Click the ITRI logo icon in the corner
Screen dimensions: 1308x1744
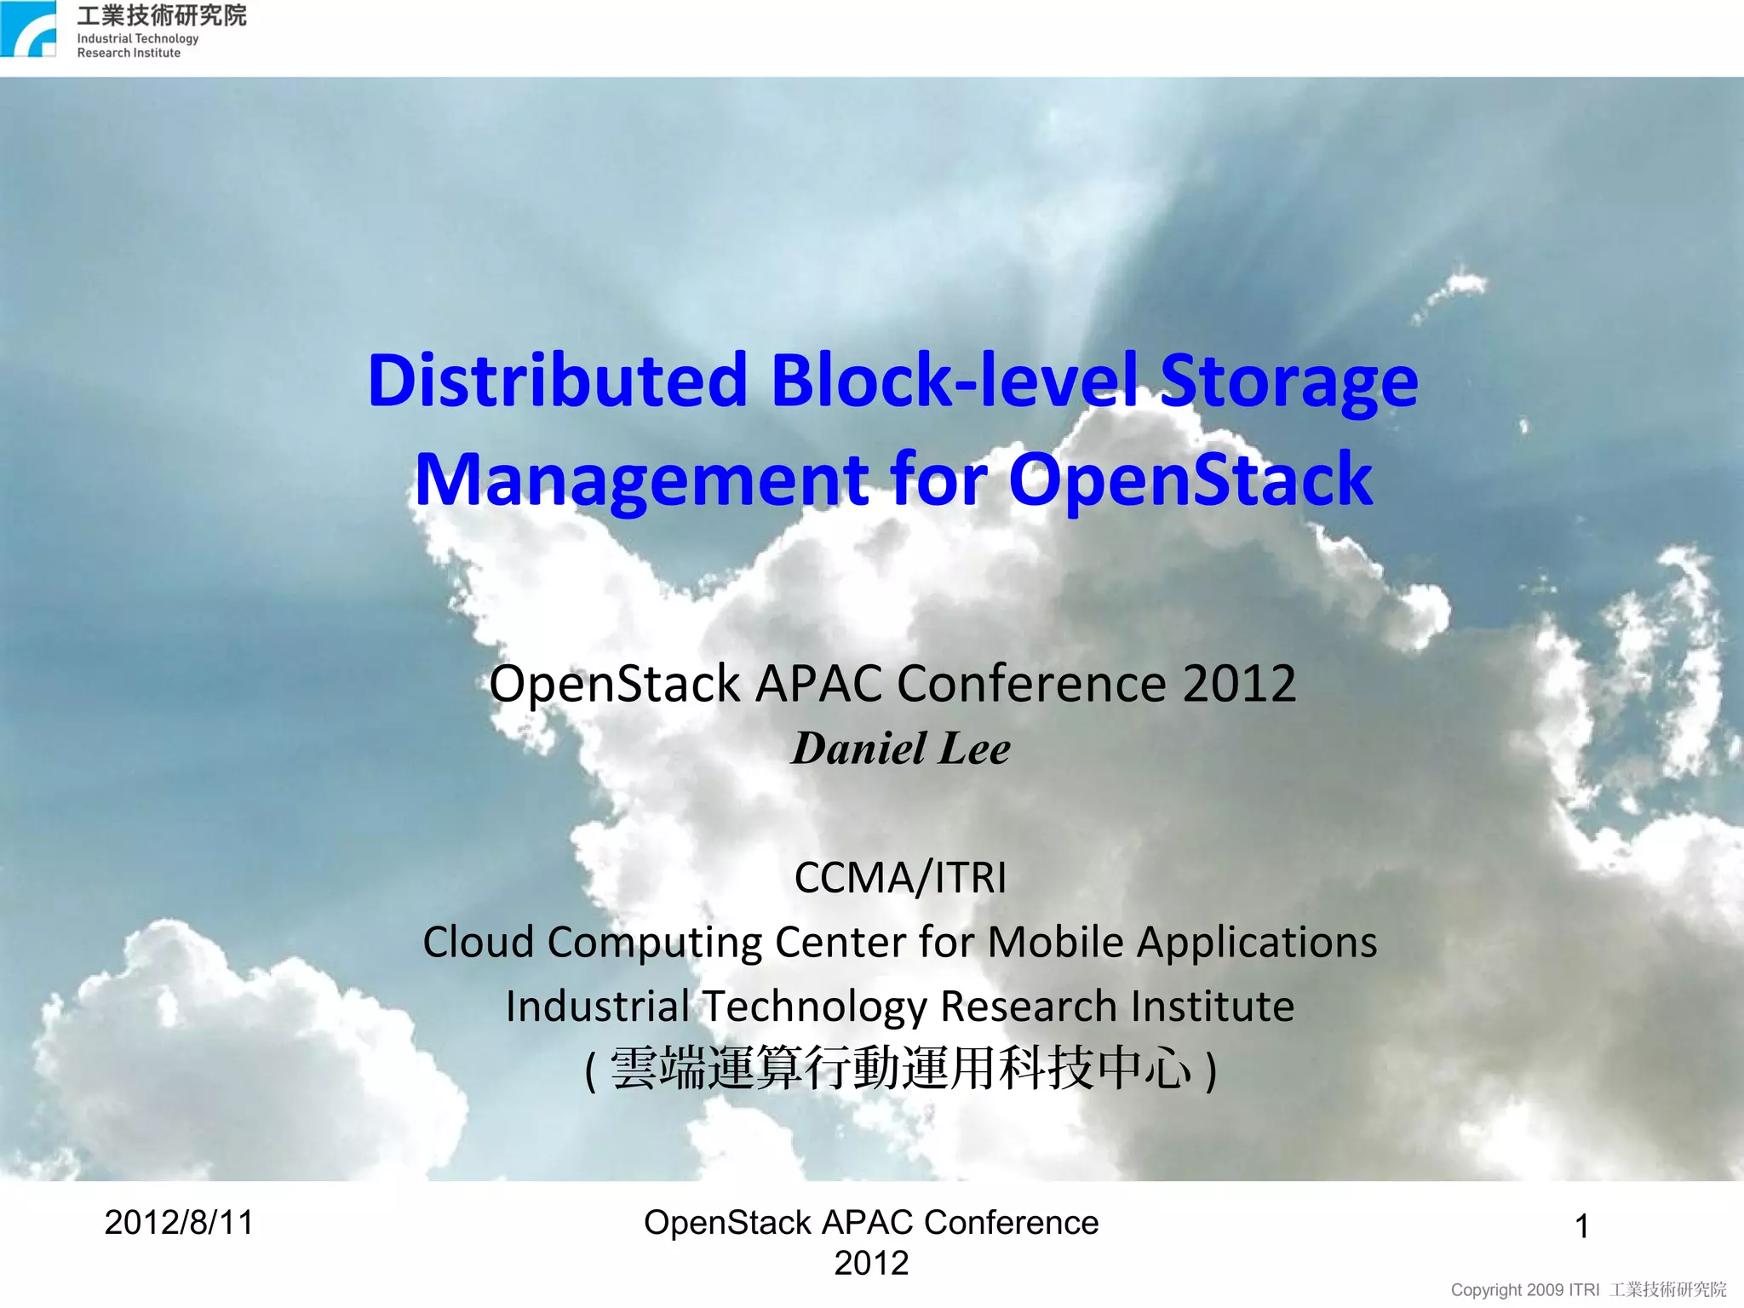point(29,30)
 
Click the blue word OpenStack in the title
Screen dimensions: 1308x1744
point(1190,480)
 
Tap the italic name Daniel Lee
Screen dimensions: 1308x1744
point(901,749)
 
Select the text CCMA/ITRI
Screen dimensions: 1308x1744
point(900,877)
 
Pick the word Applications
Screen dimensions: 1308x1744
point(1257,942)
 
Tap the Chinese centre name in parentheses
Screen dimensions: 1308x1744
point(900,1069)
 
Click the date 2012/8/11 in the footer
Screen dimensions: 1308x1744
point(179,1223)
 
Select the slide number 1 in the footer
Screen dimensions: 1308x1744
point(1581,1227)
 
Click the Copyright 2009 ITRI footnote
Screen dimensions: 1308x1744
point(1588,1290)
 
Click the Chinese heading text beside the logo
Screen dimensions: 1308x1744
point(162,15)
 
